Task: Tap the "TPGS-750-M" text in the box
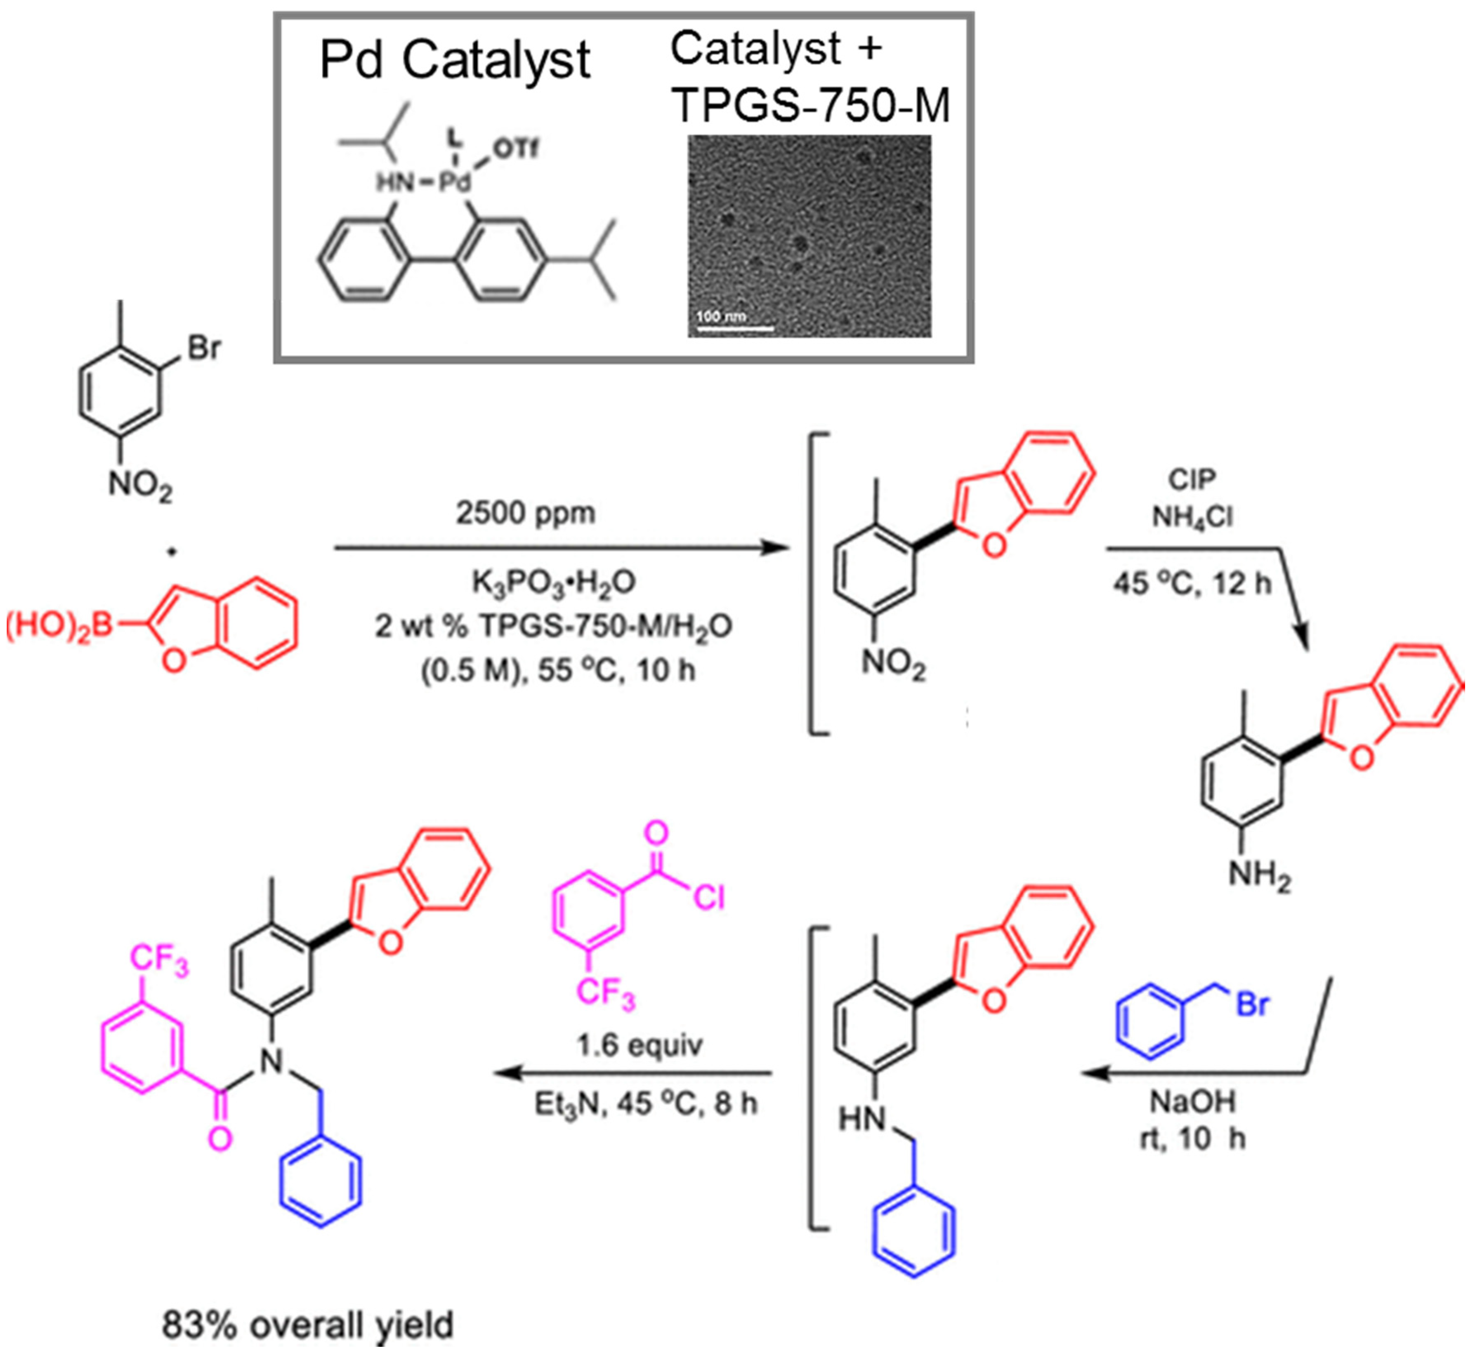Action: [x=811, y=106]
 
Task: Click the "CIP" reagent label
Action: [x=1192, y=480]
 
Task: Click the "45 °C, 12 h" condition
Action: [x=1192, y=584]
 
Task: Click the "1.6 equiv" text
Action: [x=640, y=1046]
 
